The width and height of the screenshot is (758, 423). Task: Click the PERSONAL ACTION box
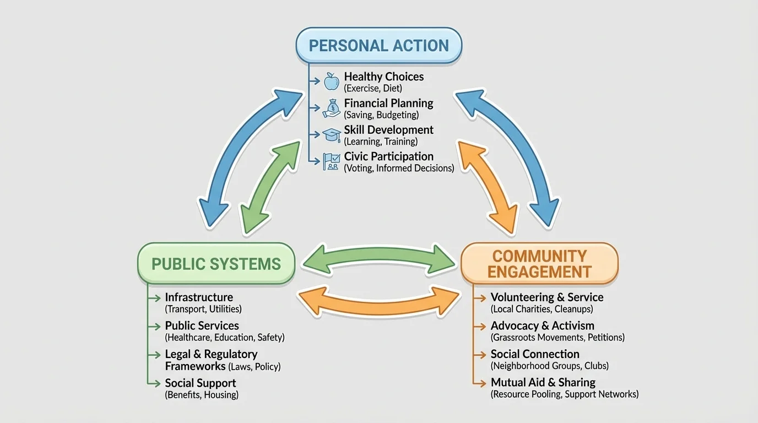(x=378, y=45)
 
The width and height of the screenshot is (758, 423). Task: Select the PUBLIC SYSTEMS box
(x=216, y=263)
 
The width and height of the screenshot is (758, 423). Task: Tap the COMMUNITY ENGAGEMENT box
(x=539, y=263)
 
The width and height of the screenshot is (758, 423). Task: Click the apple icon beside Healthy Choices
(x=331, y=81)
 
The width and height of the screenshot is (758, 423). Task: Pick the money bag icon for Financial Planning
(x=331, y=108)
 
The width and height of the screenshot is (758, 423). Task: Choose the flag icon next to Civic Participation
(x=331, y=161)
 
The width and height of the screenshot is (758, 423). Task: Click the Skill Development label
(x=388, y=130)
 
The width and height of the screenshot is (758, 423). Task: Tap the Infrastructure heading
(x=199, y=297)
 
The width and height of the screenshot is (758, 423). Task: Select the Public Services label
(x=202, y=326)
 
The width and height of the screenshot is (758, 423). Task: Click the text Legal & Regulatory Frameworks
(x=211, y=360)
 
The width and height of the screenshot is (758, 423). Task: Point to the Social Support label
(x=201, y=383)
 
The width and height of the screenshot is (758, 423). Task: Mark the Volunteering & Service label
(x=546, y=297)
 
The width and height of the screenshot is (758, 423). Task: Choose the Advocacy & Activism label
(x=542, y=326)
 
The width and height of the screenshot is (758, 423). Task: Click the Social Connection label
(x=535, y=354)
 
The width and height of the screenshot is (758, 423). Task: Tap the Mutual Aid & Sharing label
(x=543, y=382)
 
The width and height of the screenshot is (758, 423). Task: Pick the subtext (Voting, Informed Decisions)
(x=399, y=169)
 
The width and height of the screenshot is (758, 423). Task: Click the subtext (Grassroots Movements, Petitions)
(x=557, y=337)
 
